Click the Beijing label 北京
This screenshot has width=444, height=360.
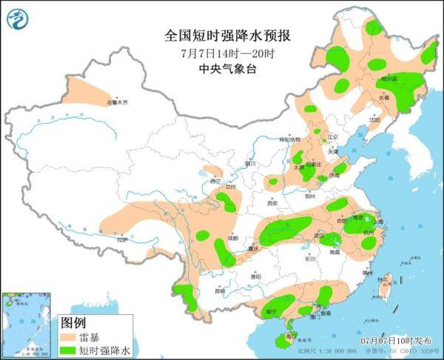coord(332,136)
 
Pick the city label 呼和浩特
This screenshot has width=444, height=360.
coord(290,139)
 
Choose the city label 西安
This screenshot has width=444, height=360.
coord(271,201)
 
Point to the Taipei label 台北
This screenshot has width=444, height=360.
coord(383,280)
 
